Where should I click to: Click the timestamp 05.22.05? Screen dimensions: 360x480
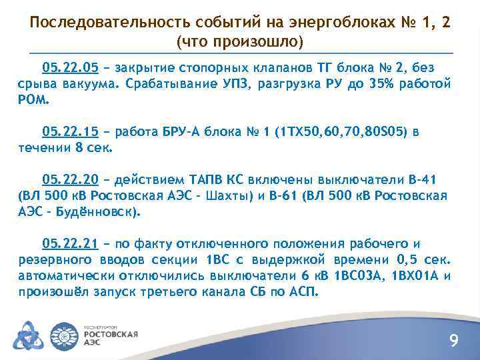click(x=70, y=67)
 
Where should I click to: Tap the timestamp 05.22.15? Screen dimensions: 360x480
click(x=70, y=131)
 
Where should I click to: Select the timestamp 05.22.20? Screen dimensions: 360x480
click(x=70, y=179)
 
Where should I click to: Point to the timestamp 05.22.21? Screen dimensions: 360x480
click(x=70, y=243)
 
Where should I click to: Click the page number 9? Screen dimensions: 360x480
click(x=454, y=341)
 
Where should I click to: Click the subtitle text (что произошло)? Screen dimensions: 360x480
click(x=240, y=42)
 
